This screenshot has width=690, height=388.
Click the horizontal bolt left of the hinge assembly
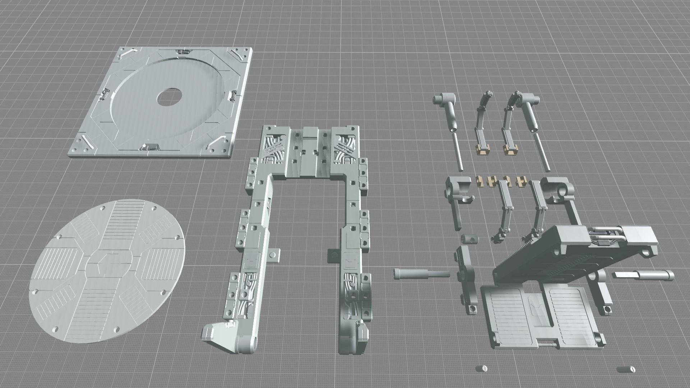click(420, 273)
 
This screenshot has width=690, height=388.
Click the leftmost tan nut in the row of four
click(479, 181)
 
